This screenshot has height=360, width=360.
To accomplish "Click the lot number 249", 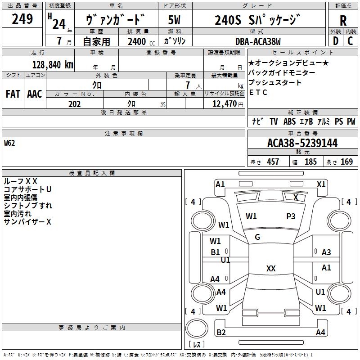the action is coord(22,19).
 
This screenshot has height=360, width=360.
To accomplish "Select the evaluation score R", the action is coord(343,21).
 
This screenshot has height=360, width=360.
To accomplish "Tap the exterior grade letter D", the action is coord(335,40).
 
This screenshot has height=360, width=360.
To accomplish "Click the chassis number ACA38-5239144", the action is coord(302,143).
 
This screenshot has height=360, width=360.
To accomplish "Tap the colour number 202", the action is coord(74,104).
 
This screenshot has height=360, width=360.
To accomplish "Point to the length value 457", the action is coord(273,162).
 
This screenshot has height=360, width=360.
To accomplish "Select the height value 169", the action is coord(346,162).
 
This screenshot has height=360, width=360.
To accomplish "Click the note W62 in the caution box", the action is coord(9,144).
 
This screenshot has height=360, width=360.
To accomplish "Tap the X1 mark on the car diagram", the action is coord(321,184).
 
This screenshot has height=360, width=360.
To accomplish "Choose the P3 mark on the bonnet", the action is coord(291,216).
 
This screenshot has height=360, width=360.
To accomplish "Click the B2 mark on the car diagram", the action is coord(221,333).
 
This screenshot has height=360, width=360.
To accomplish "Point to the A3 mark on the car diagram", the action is coord(326,252).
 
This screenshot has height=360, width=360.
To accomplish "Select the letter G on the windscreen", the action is coord(257,237).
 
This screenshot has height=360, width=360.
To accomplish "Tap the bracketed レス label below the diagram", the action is coord(196,344).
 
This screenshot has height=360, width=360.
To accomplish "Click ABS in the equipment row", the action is coord(289,121).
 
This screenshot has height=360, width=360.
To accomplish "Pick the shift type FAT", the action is coord(13,94).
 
